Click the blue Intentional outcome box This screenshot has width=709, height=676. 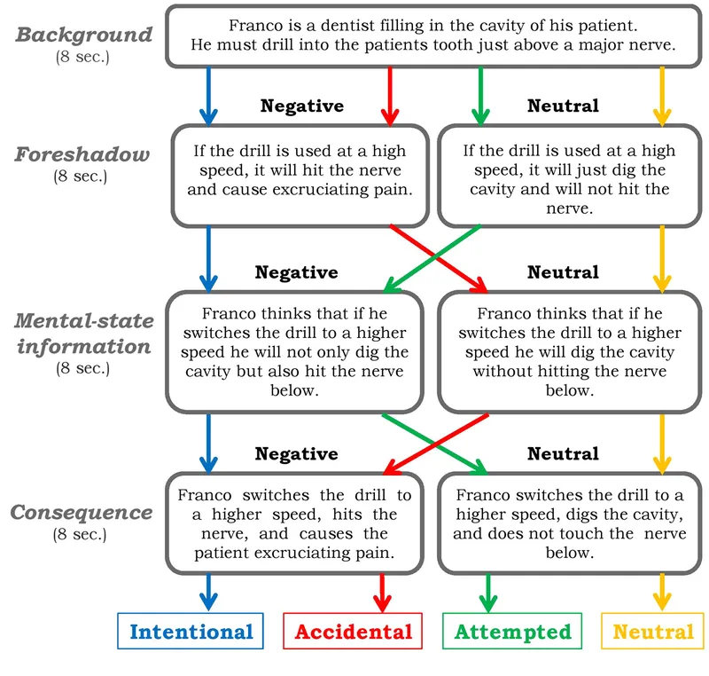191,632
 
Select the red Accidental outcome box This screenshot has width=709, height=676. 353,632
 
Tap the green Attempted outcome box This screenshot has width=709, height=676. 512,632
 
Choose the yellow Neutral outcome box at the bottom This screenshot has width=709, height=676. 653,632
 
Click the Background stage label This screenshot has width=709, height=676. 84,35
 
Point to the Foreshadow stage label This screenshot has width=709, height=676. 82,154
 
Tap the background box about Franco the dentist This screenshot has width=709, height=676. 433,36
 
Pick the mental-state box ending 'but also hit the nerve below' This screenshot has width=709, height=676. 297,352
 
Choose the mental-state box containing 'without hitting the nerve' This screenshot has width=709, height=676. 569,352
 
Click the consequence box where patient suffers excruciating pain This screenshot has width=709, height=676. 297,524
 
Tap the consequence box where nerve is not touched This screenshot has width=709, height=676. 569,524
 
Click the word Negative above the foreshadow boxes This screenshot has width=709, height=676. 301,106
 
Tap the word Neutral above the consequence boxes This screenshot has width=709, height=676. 563,453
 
